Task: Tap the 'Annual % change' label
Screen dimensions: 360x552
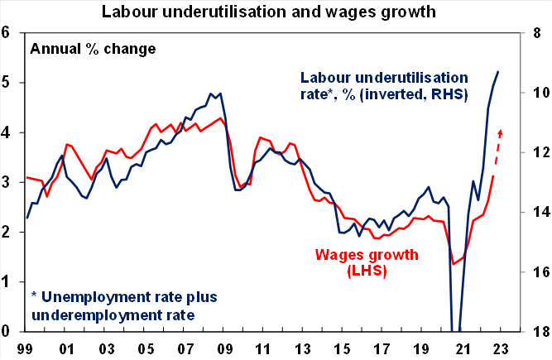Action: click(93, 48)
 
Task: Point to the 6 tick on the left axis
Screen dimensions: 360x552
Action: click(7, 33)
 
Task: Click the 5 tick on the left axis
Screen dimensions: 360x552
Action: click(7, 83)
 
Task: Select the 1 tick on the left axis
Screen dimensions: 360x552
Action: click(7, 281)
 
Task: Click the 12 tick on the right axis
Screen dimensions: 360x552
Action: click(540, 152)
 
